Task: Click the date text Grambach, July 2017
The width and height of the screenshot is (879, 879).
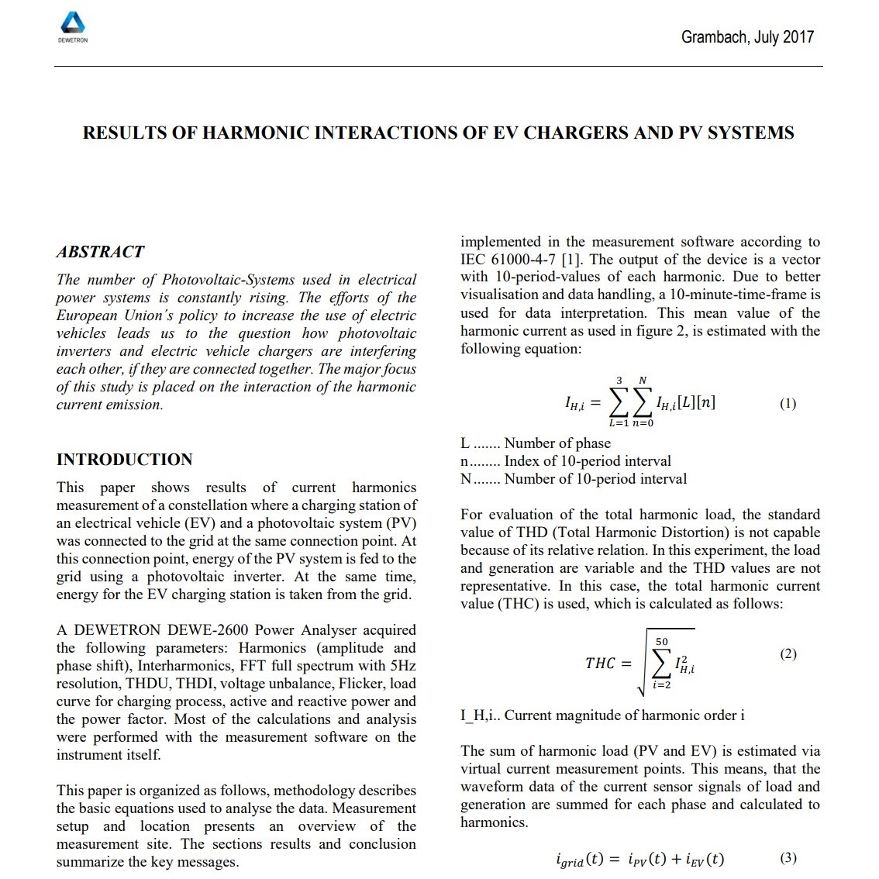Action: (x=747, y=36)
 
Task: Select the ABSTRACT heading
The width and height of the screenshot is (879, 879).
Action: (x=100, y=252)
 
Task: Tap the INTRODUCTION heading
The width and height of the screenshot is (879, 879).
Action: (x=124, y=460)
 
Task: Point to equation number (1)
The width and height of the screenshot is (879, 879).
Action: (x=788, y=403)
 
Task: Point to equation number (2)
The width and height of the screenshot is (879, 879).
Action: (x=788, y=653)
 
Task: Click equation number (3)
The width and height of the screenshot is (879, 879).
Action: (x=788, y=857)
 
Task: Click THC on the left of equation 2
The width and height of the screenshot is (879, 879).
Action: (x=600, y=664)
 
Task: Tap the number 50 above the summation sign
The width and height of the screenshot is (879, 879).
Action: (x=661, y=642)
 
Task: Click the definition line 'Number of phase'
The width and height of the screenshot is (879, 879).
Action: (x=557, y=443)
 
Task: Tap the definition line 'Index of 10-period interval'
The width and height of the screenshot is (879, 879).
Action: (x=588, y=461)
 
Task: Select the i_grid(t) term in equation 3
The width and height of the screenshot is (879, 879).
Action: (x=579, y=860)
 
